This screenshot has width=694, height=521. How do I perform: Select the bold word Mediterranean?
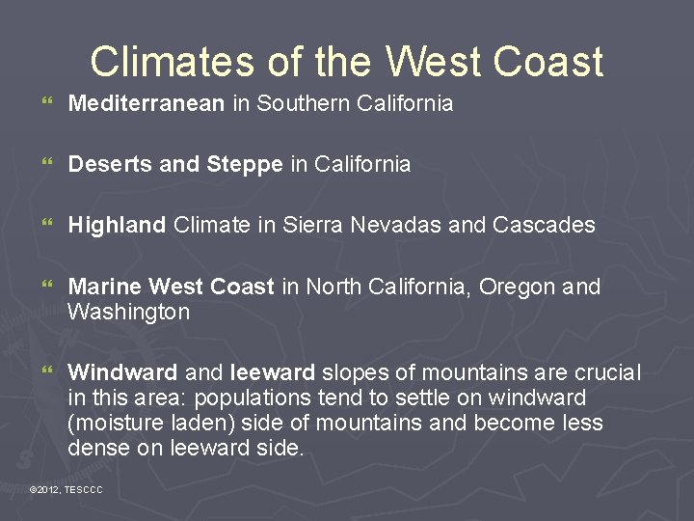click(146, 103)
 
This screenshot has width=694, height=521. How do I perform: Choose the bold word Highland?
click(117, 226)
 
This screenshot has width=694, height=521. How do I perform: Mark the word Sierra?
click(314, 226)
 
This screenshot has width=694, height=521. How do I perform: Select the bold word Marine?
click(104, 288)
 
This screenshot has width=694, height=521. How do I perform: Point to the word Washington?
click(128, 313)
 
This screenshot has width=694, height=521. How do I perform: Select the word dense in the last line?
click(95, 448)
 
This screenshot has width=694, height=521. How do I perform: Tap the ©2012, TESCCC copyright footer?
click(66, 491)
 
